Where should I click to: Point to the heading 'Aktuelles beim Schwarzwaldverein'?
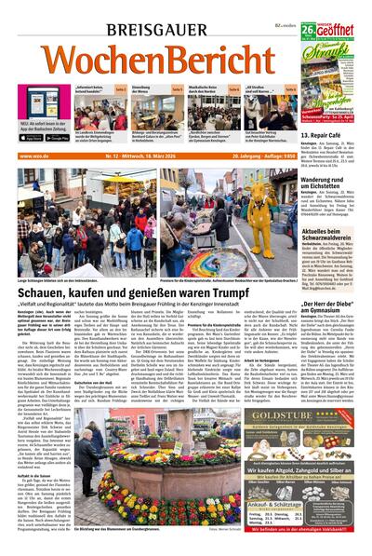[333, 234]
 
